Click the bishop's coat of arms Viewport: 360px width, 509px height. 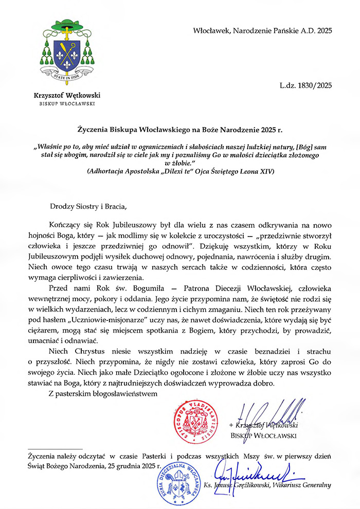tap(67, 50)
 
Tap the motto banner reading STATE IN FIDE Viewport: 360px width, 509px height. tap(67, 78)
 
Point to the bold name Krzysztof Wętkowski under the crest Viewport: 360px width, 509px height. tap(67, 95)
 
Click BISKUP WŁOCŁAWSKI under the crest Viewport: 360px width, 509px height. tap(67, 104)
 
